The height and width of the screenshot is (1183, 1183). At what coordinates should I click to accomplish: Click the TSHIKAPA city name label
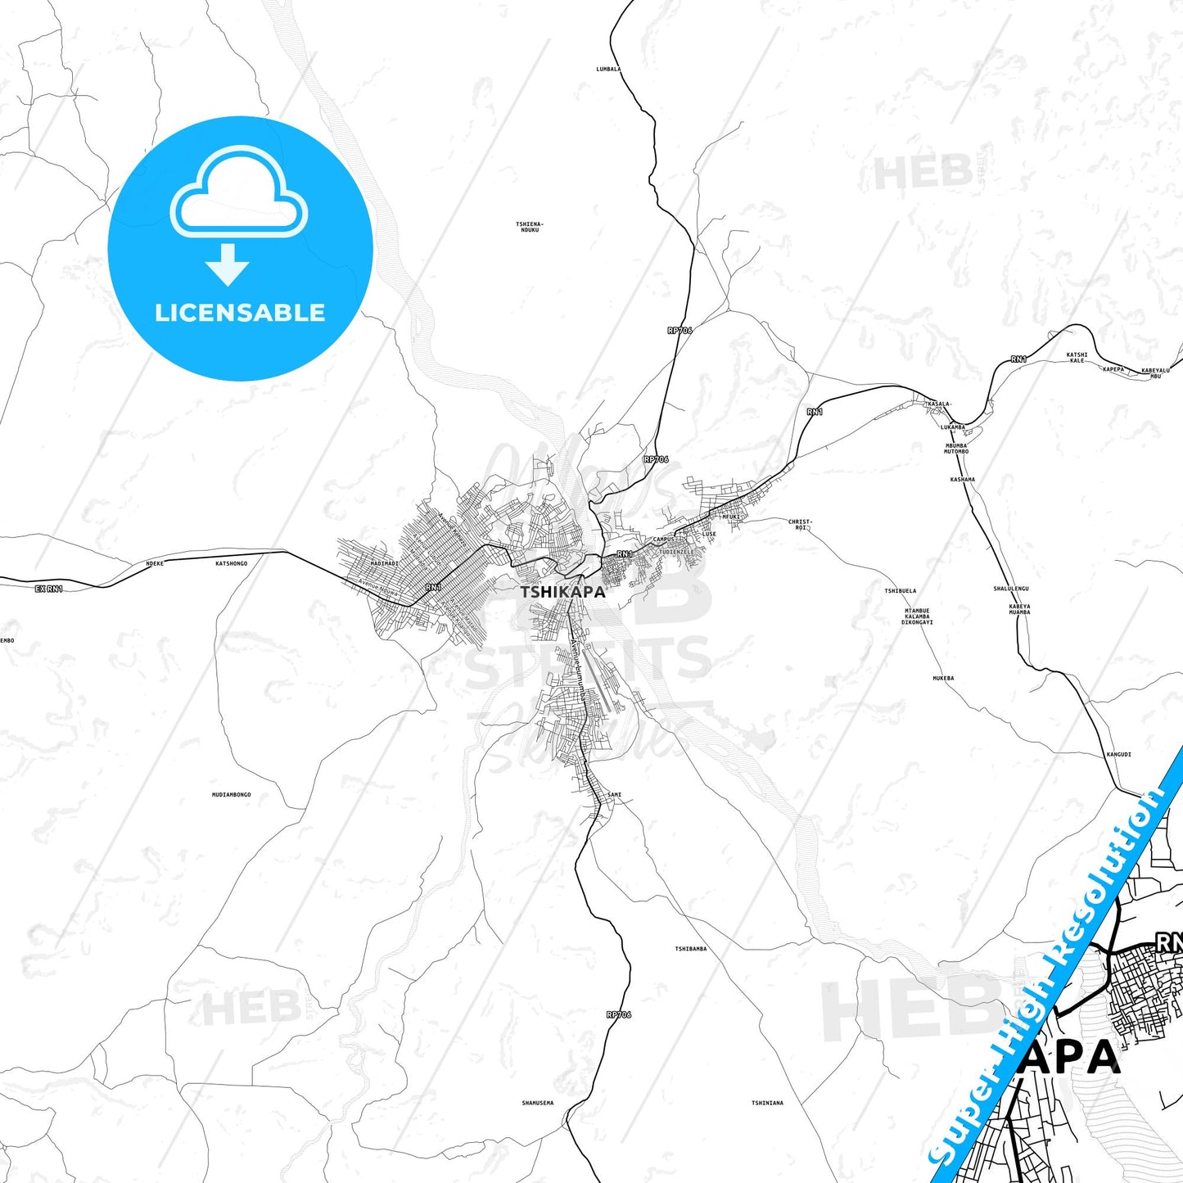[563, 592]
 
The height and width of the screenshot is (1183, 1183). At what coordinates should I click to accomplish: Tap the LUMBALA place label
[608, 70]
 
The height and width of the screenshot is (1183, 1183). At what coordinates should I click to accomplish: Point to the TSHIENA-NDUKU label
[530, 227]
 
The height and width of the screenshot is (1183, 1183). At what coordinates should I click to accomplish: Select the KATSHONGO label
[231, 563]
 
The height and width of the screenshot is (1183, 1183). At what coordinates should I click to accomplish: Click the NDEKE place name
[155, 563]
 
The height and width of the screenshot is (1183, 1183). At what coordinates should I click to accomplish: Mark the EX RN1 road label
[49, 589]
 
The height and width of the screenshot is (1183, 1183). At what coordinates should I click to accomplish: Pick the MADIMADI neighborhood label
[385, 563]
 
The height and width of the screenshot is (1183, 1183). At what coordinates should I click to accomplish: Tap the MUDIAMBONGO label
[231, 795]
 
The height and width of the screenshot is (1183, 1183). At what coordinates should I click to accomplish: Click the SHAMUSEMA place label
[537, 1103]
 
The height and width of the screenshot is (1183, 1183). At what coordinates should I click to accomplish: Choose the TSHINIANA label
[767, 1103]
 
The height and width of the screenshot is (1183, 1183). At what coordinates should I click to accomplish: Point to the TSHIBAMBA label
[690, 949]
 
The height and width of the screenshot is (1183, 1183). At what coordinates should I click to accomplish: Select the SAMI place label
[615, 795]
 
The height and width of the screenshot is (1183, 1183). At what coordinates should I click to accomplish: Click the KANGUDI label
[1118, 754]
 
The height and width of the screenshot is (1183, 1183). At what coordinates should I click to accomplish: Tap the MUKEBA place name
[943, 678]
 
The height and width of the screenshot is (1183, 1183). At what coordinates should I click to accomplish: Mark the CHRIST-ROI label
[800, 524]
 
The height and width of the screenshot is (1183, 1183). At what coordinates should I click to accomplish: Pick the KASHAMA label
[963, 480]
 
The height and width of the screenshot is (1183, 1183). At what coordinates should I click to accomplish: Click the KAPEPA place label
[1113, 369]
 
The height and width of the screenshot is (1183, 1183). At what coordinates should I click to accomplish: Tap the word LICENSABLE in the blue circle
[240, 313]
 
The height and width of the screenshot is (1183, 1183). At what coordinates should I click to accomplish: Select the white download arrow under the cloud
[228, 264]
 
